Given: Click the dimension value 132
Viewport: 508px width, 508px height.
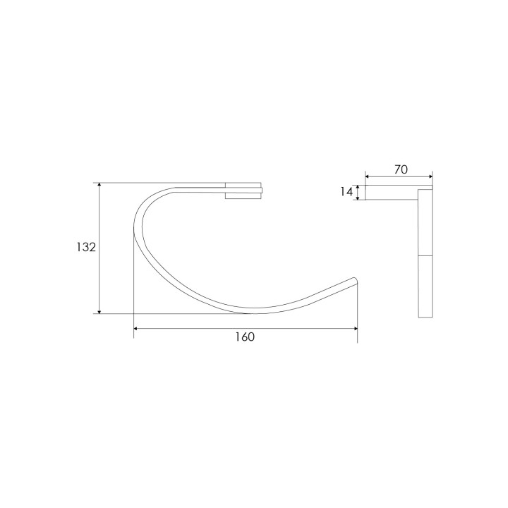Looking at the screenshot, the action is [x=86, y=247].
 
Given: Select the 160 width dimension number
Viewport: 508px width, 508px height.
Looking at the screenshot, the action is [x=245, y=337].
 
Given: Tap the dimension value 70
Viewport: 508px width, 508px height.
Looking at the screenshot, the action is [x=401, y=169].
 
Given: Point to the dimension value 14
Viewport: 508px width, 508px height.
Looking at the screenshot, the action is [x=346, y=192].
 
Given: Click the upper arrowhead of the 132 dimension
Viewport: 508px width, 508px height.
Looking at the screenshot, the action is [x=99, y=186].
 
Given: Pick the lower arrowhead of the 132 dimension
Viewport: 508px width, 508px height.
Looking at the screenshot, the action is [x=99, y=311].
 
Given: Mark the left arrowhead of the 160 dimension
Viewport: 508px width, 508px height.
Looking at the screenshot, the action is [x=136, y=329].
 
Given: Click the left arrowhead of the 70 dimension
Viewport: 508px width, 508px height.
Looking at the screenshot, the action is [x=368, y=176].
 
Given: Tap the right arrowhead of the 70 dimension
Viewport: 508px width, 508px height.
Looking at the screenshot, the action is [x=430, y=176].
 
